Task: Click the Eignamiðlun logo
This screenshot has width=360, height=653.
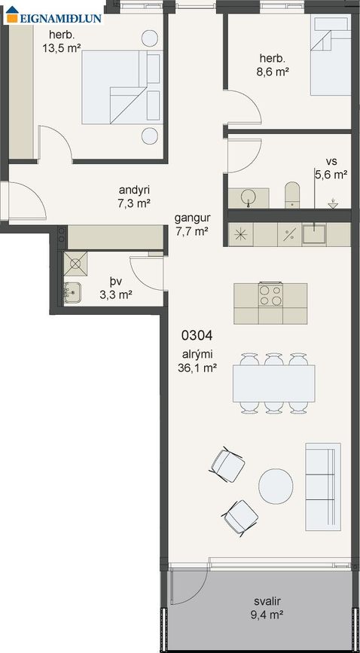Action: [x=53, y=15]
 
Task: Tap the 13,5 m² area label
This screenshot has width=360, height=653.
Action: [x=61, y=48]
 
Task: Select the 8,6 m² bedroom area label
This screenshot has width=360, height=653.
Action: [x=273, y=72]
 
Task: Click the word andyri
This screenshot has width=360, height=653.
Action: [x=134, y=191]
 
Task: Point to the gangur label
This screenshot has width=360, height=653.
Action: [x=192, y=218]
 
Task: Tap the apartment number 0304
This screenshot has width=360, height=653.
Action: [x=197, y=335]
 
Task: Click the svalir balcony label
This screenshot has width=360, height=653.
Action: [x=267, y=601]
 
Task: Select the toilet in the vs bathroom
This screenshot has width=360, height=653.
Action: [x=292, y=194]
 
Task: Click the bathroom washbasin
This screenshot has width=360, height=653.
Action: [x=249, y=197]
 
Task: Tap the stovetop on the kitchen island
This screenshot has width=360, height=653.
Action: [x=270, y=294]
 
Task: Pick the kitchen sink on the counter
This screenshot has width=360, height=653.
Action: [x=314, y=234]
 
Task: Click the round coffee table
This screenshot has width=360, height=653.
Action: [x=276, y=486]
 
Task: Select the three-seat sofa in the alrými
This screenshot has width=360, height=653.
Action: [x=323, y=487]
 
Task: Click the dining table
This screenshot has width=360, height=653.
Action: [x=273, y=383]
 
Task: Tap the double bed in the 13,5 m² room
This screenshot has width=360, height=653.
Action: [x=122, y=87]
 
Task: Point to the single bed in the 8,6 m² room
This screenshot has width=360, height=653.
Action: [x=331, y=56]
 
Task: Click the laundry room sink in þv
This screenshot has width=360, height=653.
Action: [x=72, y=292]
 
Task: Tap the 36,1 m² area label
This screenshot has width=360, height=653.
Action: [x=197, y=368]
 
